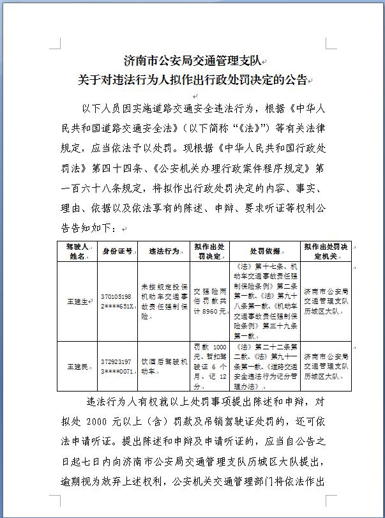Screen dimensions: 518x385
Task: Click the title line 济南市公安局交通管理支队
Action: click(192, 61)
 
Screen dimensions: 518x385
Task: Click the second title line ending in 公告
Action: click(192, 80)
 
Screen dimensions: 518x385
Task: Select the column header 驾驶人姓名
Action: click(77, 251)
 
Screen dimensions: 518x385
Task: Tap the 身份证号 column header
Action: click(117, 251)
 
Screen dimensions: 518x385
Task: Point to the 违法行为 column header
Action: click(164, 251)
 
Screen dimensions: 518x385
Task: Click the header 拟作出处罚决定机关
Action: click(326, 251)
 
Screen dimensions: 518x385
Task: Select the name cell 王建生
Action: click(77, 300)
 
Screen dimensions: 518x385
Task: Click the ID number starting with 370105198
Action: click(117, 301)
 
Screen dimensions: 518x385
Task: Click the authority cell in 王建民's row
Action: click(326, 366)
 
